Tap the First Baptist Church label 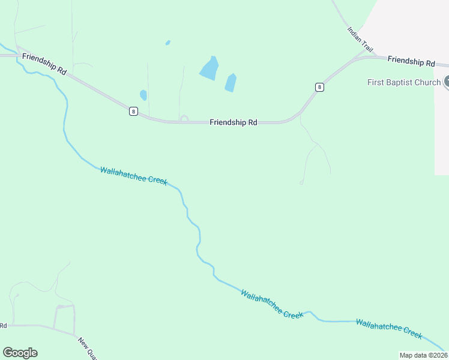pos(404,82)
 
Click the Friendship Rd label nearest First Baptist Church pos(411,61)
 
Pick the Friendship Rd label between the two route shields pos(234,122)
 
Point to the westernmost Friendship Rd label pos(44,63)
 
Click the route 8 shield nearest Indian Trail pos(319,87)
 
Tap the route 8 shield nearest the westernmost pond pos(133,111)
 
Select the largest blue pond pos(209,68)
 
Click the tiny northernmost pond pos(167,43)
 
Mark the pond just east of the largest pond pos(231,83)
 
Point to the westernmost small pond pos(143,95)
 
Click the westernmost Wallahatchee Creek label pos(133,176)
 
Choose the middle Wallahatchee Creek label pos(271,304)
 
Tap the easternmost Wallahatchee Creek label pos(389,328)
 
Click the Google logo pos(20,352)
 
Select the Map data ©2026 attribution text pos(423,355)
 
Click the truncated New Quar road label pos(87,347)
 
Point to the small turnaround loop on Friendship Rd pos(184,119)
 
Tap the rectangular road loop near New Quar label pos(64,317)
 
